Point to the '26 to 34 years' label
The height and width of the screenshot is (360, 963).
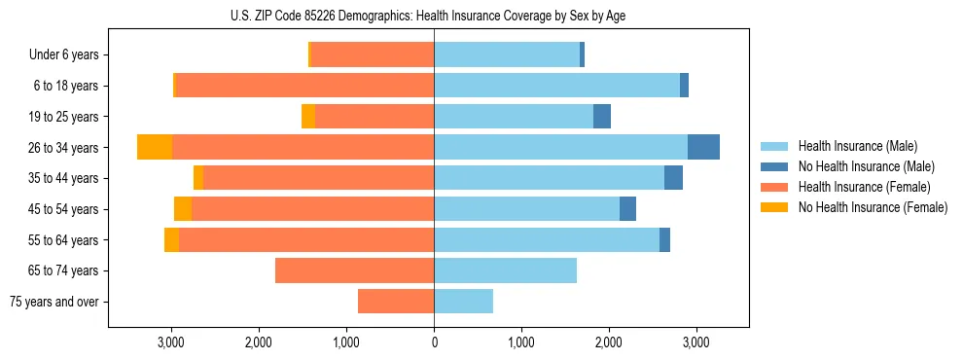click(x=65, y=148)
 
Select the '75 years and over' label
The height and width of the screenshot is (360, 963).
click(x=54, y=302)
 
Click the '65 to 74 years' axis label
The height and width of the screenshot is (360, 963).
click(x=65, y=270)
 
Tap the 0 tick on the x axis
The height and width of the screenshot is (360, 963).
click(x=434, y=342)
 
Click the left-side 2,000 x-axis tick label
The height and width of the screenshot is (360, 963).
click(x=259, y=342)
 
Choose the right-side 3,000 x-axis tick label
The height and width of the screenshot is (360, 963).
click(x=695, y=342)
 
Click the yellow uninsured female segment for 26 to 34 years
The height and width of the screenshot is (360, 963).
click(x=155, y=147)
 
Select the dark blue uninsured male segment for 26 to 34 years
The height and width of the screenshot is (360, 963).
click(x=703, y=147)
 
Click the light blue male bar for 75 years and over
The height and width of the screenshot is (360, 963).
click(x=463, y=302)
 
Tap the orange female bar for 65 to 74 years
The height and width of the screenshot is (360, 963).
click(x=354, y=270)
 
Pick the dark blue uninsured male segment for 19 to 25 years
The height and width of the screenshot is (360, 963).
click(x=602, y=117)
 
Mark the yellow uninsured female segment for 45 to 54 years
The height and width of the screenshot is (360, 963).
click(x=183, y=209)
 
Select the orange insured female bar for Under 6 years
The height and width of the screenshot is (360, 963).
click(x=372, y=55)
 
